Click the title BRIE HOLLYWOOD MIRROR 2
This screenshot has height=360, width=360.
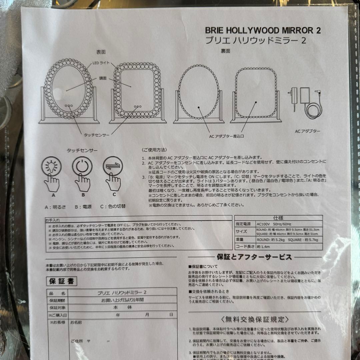coord(263,30)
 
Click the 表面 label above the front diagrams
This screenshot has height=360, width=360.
coord(101,52)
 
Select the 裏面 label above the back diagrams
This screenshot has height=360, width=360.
coord(226,51)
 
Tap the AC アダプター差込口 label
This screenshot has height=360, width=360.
coord(227,136)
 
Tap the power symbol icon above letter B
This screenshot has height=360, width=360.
coord(82,166)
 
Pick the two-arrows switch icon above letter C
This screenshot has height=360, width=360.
coord(113,166)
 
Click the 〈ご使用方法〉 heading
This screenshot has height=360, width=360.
coord(154,150)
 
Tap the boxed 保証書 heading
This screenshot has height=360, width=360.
coord(61,281)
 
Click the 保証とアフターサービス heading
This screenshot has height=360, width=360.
coord(254,257)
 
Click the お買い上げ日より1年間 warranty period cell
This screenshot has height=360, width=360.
coord(122,300)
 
